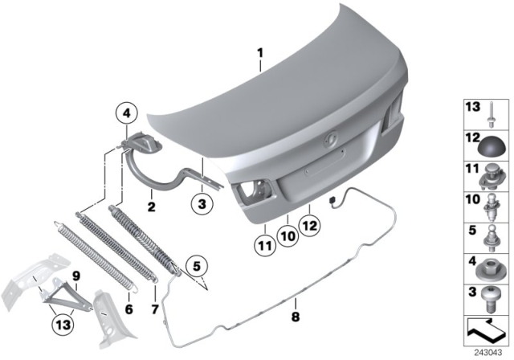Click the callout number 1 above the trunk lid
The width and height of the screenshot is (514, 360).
tap(260, 55)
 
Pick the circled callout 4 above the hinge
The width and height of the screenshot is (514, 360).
tap(125, 114)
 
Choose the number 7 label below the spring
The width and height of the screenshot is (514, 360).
tap(154, 309)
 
